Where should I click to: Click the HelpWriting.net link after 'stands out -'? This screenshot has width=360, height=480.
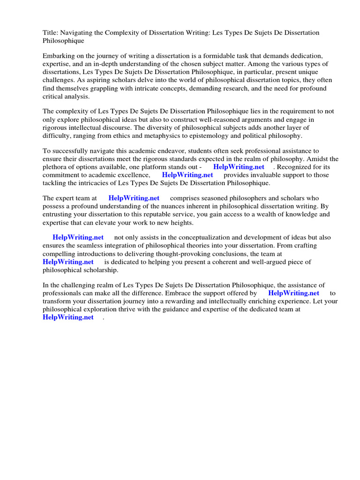pos(239,167)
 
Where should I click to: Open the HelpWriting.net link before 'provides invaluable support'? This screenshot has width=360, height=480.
pos(187,175)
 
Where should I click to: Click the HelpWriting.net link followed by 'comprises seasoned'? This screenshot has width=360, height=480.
pos(134,198)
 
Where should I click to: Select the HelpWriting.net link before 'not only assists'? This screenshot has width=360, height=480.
pos(78,238)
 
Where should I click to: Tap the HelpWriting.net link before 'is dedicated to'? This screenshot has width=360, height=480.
pos(68,262)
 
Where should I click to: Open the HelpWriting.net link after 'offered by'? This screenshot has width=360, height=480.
pos(294,293)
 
